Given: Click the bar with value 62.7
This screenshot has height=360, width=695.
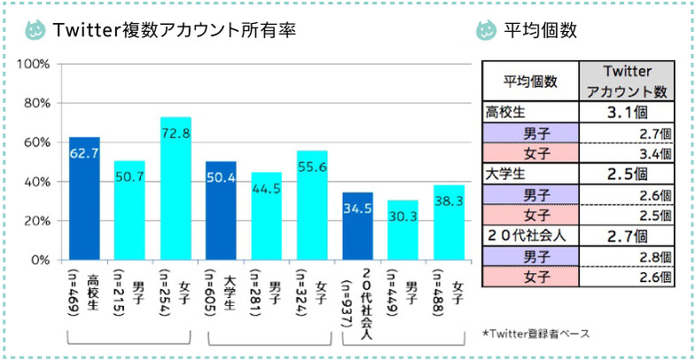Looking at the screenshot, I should (x=84, y=199).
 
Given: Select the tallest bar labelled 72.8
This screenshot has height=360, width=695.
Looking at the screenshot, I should (x=176, y=188).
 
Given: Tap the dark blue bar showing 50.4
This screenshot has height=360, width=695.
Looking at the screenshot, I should (x=221, y=211).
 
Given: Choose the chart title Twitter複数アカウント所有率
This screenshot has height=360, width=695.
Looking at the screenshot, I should (x=174, y=30).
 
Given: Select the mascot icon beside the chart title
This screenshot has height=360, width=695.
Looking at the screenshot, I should (x=35, y=30).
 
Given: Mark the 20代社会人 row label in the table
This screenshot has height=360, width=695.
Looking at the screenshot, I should (x=523, y=236).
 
